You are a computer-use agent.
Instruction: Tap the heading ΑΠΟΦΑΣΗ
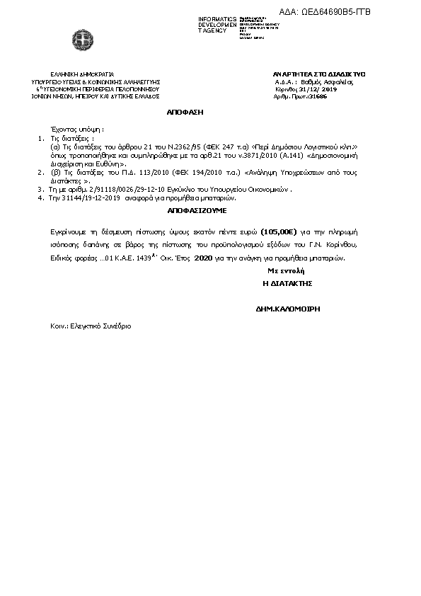(x=185, y=112)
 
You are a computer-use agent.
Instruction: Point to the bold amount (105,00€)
(x=277, y=231)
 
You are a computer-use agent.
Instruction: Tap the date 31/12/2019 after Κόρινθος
(x=320, y=89)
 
